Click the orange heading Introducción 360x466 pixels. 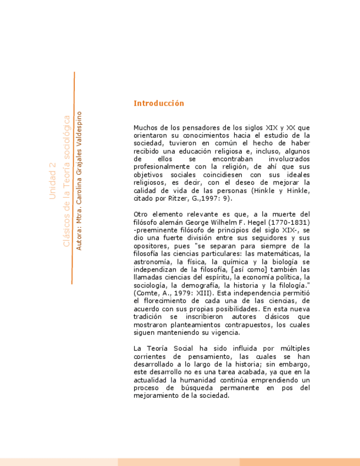pyautogui.click(x=158, y=103)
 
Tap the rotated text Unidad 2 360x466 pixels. pyautogui.click(x=53, y=180)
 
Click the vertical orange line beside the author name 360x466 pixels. pyautogui.click(x=73, y=176)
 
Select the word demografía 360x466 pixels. pyautogui.click(x=215, y=286)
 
